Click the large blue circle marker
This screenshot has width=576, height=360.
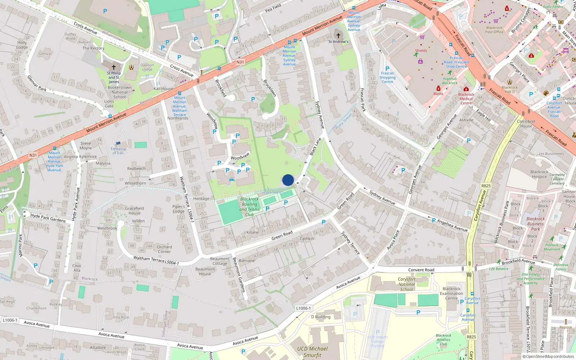click(x=288, y=180)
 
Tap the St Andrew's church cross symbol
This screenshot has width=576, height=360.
click(x=338, y=35)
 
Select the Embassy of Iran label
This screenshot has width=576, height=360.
click(x=118, y=151)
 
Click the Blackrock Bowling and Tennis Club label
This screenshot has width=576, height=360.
click(x=249, y=207)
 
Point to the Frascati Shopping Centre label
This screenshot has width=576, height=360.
click(x=387, y=77)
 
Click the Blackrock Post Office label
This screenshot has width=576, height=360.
click(x=494, y=30)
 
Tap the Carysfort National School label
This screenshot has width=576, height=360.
click(x=406, y=284)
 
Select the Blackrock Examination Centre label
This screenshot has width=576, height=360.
click(x=451, y=293)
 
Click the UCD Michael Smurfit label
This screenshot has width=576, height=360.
click(x=312, y=352)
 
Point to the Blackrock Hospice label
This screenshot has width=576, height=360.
click(x=539, y=174)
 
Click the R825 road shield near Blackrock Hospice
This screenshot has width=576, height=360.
click(x=486, y=186)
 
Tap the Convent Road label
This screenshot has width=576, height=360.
click(x=421, y=270)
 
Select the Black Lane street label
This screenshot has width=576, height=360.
click(x=315, y=147)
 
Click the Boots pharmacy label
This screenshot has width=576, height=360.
click(x=438, y=94)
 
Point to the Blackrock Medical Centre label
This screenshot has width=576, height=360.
click(x=466, y=99)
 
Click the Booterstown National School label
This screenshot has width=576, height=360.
click(x=120, y=92)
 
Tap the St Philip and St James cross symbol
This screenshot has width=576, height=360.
click(x=114, y=67)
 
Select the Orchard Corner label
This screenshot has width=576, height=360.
click(x=164, y=249)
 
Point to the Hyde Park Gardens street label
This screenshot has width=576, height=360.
click(x=48, y=218)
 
